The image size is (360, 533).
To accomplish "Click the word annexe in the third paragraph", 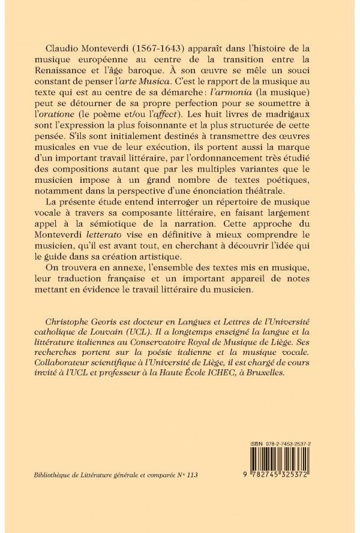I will tap(141, 304).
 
